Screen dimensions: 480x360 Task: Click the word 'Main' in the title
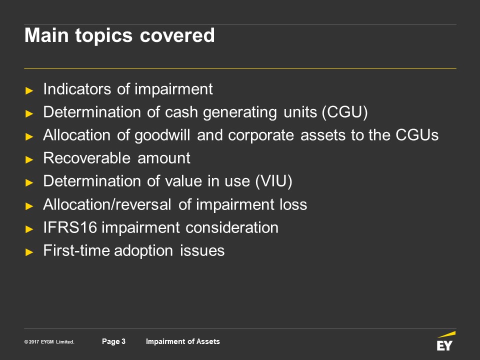[x=46, y=35]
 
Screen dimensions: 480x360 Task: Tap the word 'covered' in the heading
[x=177, y=35]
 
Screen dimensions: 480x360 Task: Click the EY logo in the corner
[x=445, y=341]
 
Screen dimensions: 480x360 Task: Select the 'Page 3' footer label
[x=113, y=341]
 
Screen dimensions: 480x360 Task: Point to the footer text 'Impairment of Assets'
[x=183, y=341]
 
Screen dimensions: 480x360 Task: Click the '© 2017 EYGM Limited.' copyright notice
[x=49, y=342]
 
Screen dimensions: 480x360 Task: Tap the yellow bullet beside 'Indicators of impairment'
[x=29, y=90]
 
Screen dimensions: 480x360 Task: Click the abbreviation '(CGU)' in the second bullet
[x=344, y=112]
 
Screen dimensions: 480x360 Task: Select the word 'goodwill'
[x=162, y=135]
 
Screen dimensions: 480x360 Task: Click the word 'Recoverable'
[x=87, y=158]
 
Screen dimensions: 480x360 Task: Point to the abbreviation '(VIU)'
[x=273, y=181]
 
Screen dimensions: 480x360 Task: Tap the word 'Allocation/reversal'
[x=107, y=204]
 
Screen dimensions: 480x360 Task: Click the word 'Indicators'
[x=77, y=89]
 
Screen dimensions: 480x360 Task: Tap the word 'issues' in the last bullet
[x=202, y=250]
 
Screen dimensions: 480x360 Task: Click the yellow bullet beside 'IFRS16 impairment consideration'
[x=29, y=229]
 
